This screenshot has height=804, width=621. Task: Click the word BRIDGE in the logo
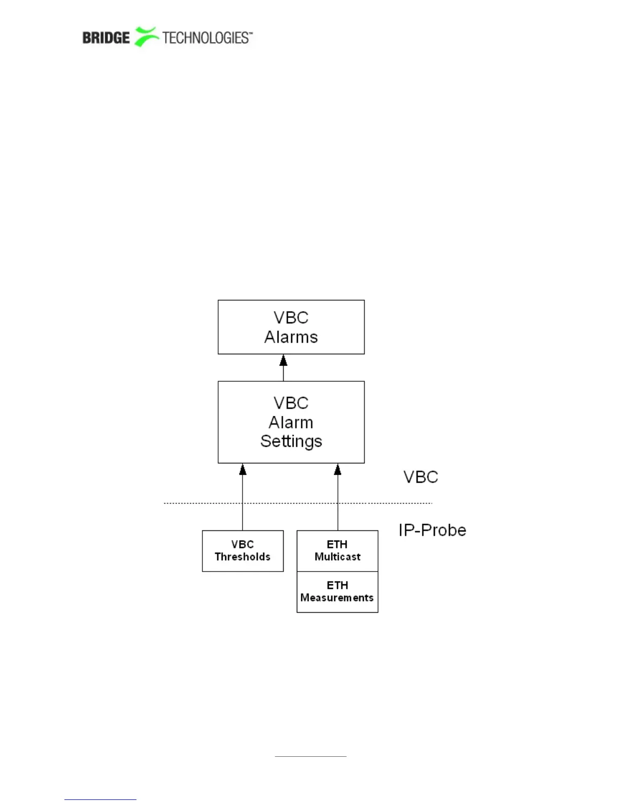[106, 38]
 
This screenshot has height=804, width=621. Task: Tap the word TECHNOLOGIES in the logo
[205, 38]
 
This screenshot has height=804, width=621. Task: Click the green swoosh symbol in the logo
[146, 37]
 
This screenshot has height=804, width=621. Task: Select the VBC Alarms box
[291, 326]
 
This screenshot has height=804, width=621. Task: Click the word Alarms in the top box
[291, 337]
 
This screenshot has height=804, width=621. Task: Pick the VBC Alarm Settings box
[291, 422]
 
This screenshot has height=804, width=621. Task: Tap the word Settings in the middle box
[291, 441]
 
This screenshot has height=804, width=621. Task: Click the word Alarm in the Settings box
[291, 422]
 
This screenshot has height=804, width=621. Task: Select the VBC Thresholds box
[243, 551]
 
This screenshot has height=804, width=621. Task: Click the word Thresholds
[243, 557]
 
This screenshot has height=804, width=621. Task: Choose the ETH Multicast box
[337, 551]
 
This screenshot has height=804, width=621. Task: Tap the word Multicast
[337, 557]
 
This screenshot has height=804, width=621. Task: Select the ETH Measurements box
[337, 592]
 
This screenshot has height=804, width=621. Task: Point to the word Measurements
[337, 598]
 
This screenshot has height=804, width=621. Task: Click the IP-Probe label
[432, 530]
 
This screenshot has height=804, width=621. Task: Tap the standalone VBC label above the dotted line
[421, 477]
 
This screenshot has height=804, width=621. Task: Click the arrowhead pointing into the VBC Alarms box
[283, 360]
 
